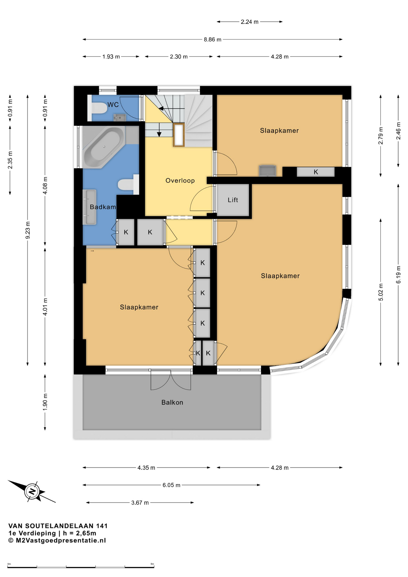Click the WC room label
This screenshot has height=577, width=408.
pos(113,105)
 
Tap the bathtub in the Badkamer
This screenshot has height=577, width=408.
pos(104,147)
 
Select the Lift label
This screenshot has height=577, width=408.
pos(233,200)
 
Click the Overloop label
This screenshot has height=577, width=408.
pos(180,181)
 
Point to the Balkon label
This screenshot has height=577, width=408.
pos(172,402)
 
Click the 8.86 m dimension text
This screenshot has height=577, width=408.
pos(212,39)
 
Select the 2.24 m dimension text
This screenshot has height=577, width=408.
pos(249,22)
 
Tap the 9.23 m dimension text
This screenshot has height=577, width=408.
pos(28,230)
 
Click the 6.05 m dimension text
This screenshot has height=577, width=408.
pos(171,485)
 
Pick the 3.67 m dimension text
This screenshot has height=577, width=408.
pos(140,502)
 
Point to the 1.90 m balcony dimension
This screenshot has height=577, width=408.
pos(45,402)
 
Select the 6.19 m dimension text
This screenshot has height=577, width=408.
pos(398,275)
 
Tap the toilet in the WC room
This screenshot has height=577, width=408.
pos(98,108)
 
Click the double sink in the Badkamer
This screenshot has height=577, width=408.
pos(90,207)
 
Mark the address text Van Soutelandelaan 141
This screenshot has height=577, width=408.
pos(58,526)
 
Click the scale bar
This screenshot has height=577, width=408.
pos(81,567)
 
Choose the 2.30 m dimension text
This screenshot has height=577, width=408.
pos(179,56)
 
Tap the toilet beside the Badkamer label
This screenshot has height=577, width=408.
pos(128,185)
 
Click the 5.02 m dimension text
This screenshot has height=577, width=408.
pos(381,292)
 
